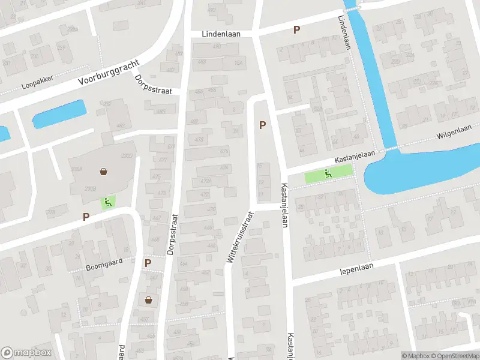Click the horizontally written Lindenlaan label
(x=221, y=34)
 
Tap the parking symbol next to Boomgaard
(x=148, y=263)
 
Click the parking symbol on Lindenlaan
(x=296, y=29)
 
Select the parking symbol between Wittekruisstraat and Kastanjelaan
(x=262, y=125)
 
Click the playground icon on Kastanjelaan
(x=328, y=174)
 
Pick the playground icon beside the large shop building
(x=108, y=202)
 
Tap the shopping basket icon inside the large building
(x=104, y=172)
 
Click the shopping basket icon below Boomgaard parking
(x=148, y=299)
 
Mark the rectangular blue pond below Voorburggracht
(x=59, y=114)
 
